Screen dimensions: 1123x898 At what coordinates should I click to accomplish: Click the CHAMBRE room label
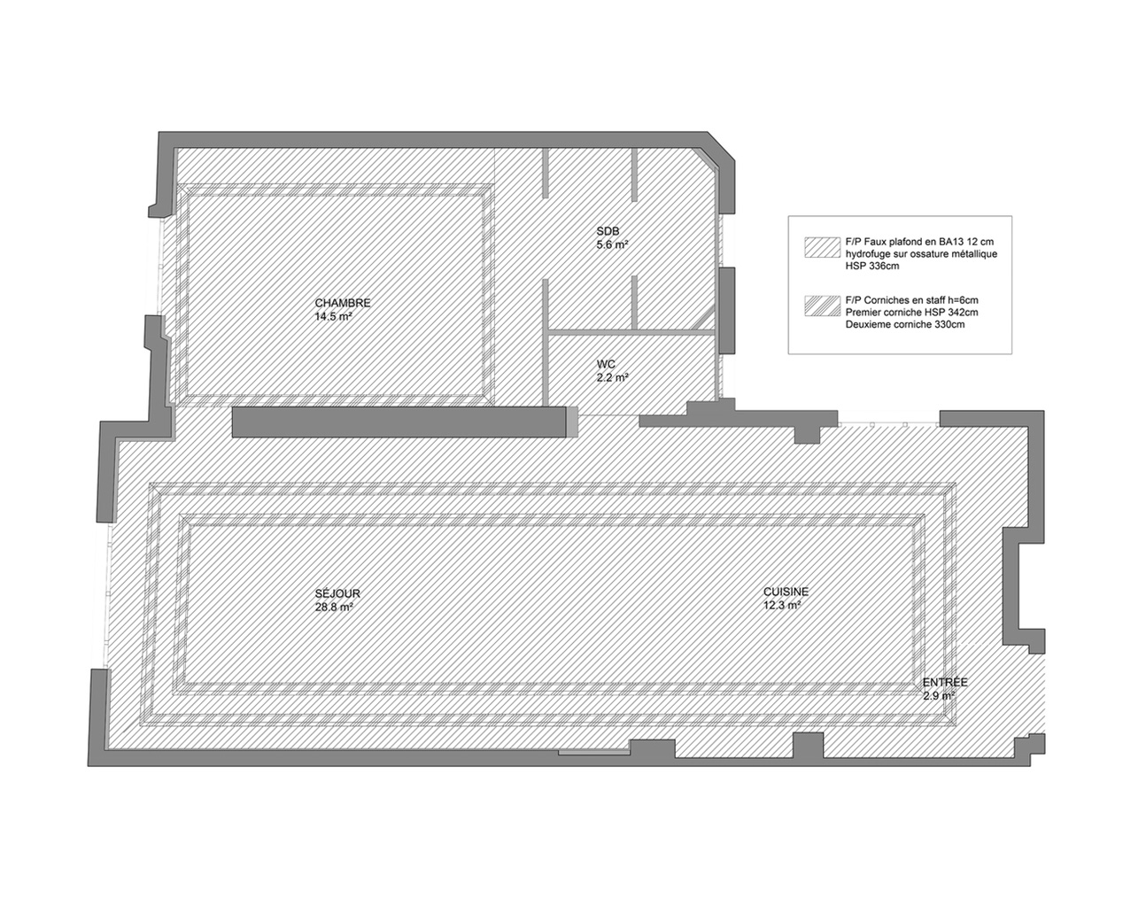pos(343,303)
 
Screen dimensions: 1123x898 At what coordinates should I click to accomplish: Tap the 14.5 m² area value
pos(334,317)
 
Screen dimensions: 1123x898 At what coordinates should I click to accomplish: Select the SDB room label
pos(608,231)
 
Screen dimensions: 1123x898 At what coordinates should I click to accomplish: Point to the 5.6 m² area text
pos(612,244)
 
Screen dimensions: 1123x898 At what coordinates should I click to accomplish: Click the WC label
pos(606,364)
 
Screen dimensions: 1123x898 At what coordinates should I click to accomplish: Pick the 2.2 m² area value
pos(612,377)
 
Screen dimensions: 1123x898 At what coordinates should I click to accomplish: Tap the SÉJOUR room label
pos(337,594)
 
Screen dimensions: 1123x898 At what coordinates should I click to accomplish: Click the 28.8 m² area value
pos(334,608)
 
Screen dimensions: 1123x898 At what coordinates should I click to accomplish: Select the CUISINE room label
pos(786,592)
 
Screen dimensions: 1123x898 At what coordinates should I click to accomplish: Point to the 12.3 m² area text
pos(782,605)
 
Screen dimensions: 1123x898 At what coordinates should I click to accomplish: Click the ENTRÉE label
pos(945,683)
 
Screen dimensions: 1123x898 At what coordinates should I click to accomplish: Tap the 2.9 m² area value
pos(938,695)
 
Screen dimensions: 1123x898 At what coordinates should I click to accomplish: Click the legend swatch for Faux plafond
pos(822,248)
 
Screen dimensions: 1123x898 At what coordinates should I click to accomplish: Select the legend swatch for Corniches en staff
pos(822,306)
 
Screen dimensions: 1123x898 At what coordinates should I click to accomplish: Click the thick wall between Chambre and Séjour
pos(399,422)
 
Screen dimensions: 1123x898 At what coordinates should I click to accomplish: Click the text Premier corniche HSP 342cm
pos(911,313)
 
